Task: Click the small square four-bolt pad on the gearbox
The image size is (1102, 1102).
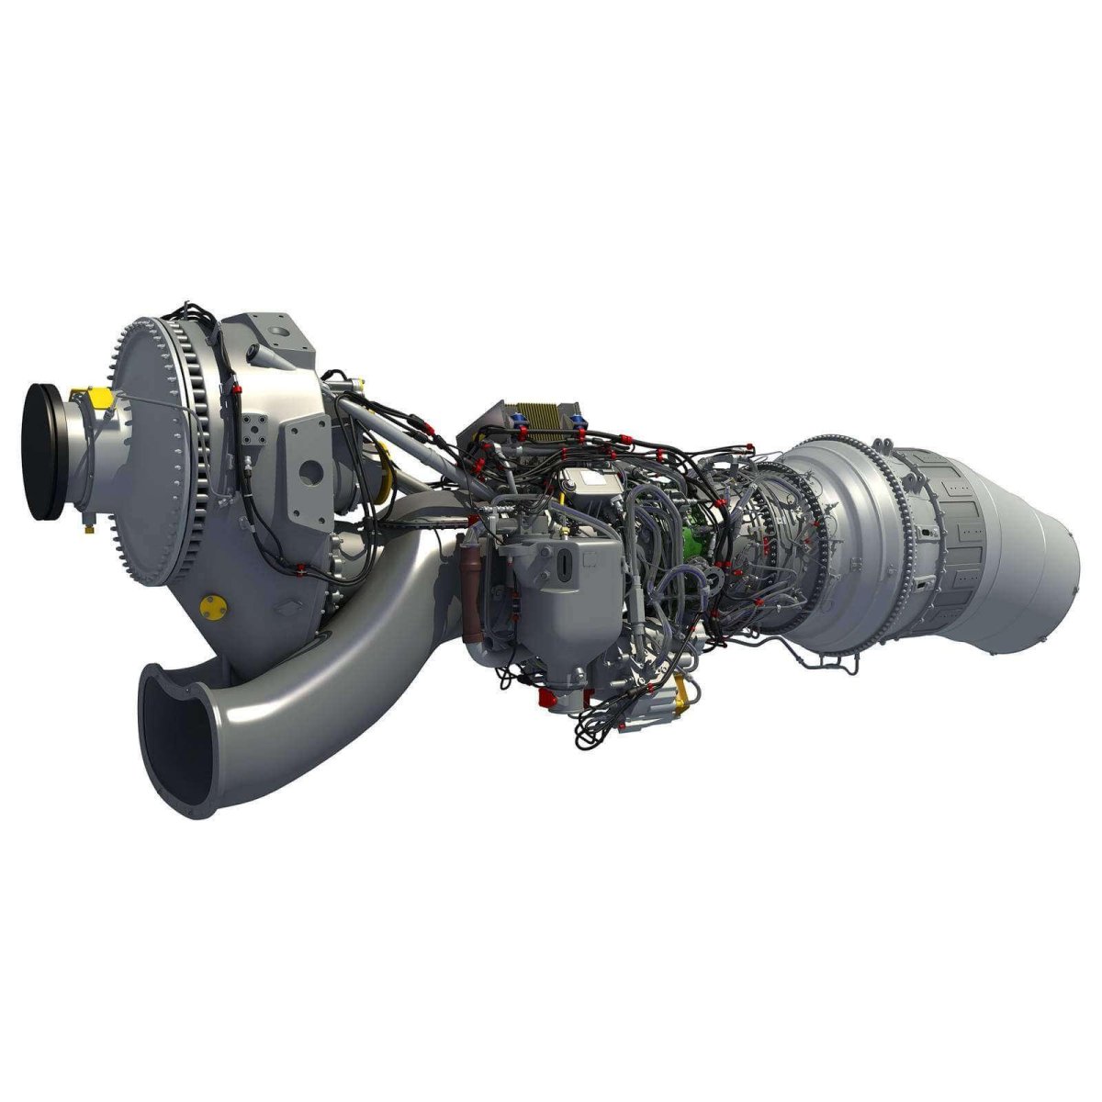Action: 254,429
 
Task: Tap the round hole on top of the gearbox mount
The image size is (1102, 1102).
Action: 278,328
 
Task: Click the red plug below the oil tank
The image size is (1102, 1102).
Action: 548,703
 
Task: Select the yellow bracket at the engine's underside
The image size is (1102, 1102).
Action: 680,691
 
